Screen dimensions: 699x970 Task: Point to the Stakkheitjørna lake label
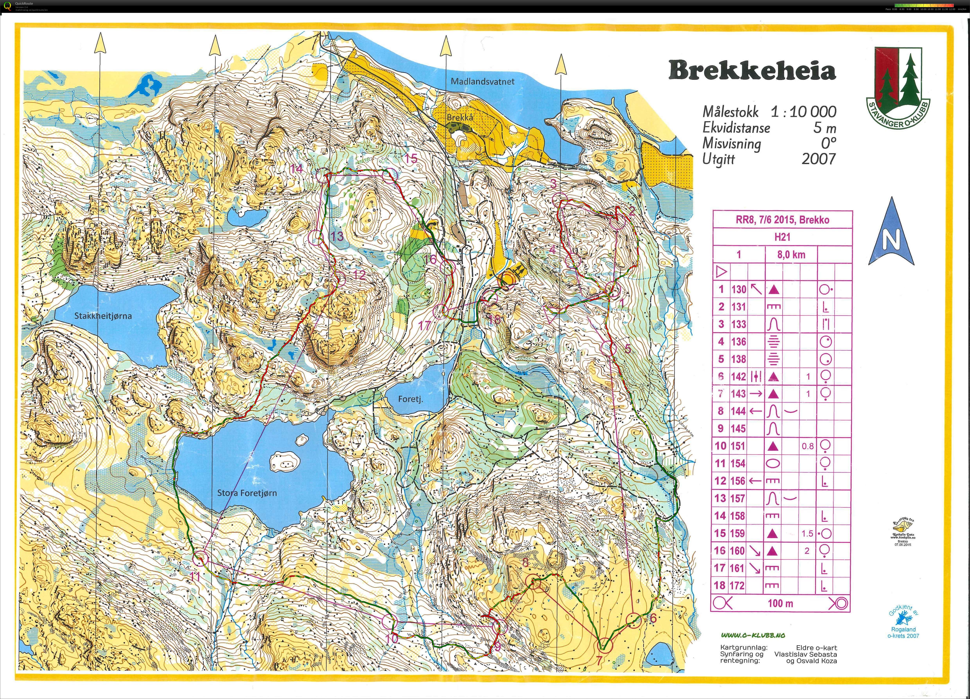coord(103,316)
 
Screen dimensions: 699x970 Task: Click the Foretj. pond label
coord(410,399)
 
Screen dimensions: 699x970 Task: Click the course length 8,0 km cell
coord(791,255)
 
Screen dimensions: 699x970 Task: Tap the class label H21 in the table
coord(782,237)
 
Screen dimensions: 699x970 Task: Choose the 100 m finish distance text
coord(781,604)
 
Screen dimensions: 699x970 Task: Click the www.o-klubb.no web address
coord(753,635)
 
